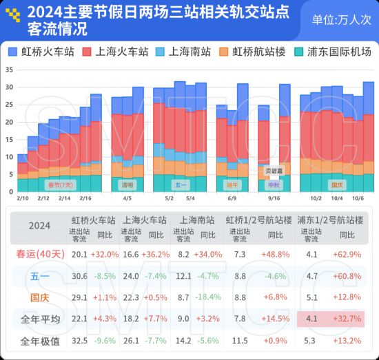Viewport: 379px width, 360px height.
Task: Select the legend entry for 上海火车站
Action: (115, 52)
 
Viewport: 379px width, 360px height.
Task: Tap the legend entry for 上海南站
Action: (184, 52)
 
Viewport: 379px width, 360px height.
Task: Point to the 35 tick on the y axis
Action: (8, 70)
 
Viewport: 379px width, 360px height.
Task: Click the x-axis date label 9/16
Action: (274, 198)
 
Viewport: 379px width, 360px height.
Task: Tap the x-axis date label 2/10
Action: (22, 198)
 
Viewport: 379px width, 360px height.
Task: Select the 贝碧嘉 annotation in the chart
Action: (274, 169)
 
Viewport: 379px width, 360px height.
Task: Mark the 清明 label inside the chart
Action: (127, 185)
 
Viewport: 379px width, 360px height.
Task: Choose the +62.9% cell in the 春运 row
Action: (348, 254)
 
